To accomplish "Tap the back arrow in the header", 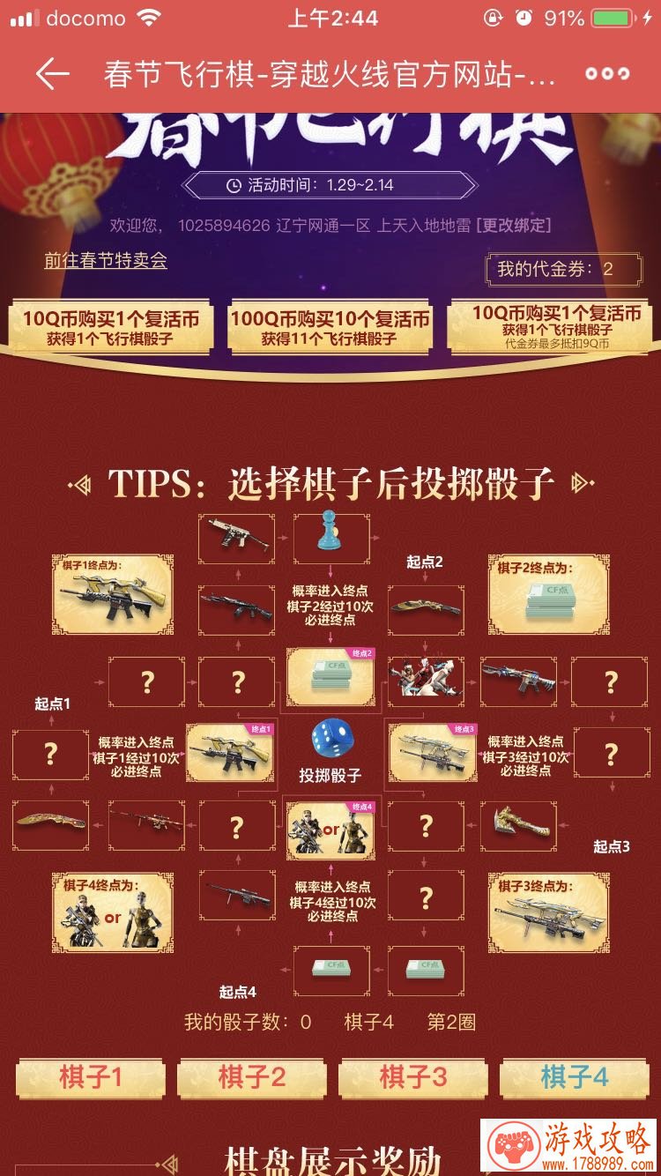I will point(52,75).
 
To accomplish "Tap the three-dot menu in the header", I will point(607,75).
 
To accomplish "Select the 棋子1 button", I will point(91,1077).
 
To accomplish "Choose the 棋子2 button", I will point(252,1077).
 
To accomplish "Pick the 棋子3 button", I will point(412,1077).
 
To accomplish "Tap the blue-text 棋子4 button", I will point(574,1077).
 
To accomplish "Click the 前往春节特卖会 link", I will point(106,261).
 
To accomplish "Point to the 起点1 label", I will point(52,703).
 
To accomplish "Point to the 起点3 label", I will point(611,846).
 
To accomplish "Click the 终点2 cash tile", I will point(330,677).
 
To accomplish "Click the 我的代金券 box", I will point(564,269).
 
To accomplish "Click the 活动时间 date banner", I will point(330,185).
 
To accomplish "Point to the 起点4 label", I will point(237,992).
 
